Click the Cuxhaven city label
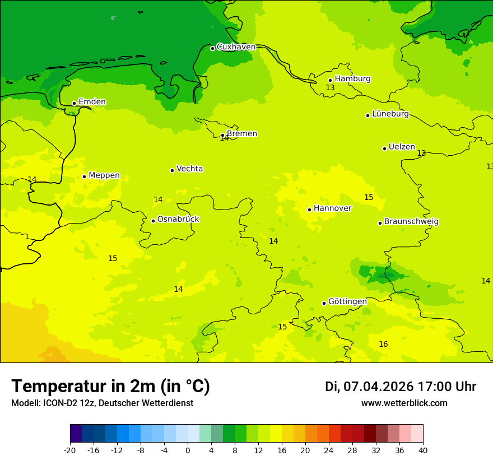[x=236, y=47]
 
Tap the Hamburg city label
[x=352, y=79]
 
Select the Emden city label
[x=92, y=102]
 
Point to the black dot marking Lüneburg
[x=368, y=115]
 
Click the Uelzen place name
[x=402, y=147]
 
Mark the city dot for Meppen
[x=84, y=176]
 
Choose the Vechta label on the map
[x=189, y=169]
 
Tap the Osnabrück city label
[x=178, y=220]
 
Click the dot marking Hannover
[x=309, y=210]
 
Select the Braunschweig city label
[x=411, y=222]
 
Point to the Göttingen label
[x=347, y=302]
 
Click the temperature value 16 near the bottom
[x=383, y=345]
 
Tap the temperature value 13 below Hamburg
[x=330, y=88]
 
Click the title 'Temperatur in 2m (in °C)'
[x=110, y=387]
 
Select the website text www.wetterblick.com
[x=404, y=403]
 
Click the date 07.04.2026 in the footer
[x=378, y=387]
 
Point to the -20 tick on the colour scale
[x=70, y=450]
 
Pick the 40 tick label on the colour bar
[x=423, y=450]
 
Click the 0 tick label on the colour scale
[x=188, y=450]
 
